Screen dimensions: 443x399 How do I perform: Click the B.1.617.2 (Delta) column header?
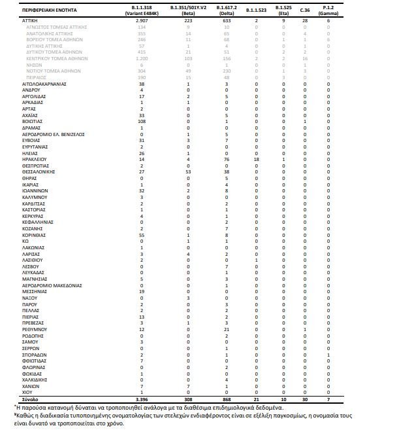[x=225, y=9]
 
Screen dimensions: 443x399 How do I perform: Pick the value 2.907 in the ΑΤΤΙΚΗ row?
[x=142, y=21]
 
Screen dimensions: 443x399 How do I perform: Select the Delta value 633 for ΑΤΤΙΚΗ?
[x=225, y=21]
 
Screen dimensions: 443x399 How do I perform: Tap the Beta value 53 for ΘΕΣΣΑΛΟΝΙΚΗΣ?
[x=188, y=171]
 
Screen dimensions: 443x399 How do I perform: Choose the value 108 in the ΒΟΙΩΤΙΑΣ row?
[x=142, y=121]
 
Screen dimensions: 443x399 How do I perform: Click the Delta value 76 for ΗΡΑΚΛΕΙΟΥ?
[x=225, y=159]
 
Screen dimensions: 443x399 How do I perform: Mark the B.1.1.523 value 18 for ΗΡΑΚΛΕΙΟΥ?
[x=257, y=159]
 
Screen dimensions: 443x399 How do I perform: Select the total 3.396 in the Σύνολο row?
[x=142, y=399]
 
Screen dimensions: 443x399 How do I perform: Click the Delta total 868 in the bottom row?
[x=225, y=399]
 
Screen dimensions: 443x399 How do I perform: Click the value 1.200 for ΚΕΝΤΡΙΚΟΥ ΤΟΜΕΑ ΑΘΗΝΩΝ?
[x=142, y=58]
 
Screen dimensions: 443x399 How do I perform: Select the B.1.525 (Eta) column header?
[x=283, y=9]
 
